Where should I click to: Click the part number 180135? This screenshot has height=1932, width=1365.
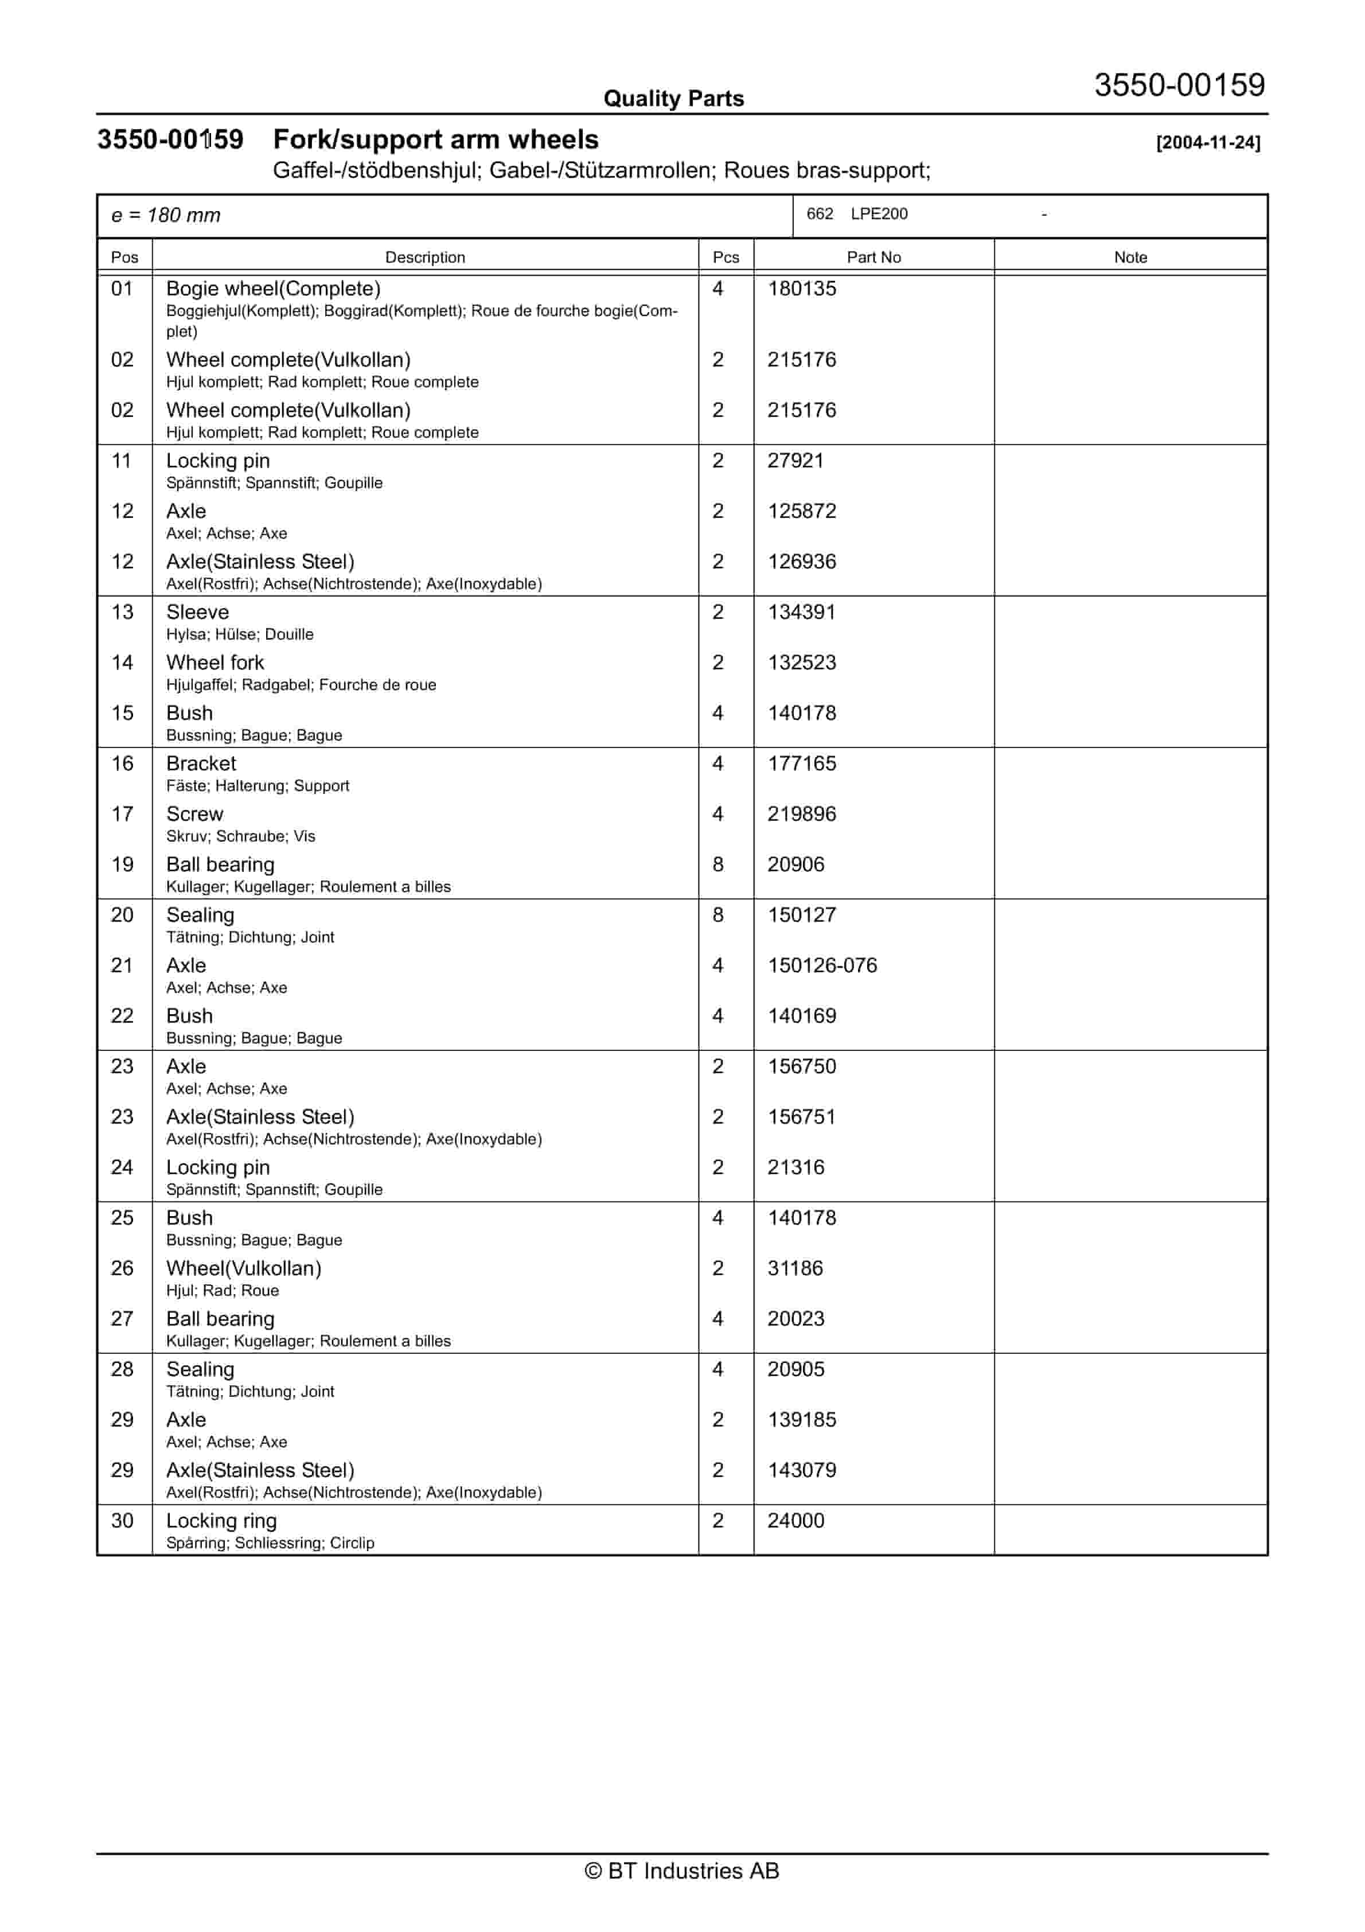(x=801, y=289)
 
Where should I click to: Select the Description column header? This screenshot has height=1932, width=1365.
(x=425, y=258)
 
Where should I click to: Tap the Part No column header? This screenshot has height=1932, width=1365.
(x=873, y=258)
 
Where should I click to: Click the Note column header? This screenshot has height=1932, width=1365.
(x=1130, y=258)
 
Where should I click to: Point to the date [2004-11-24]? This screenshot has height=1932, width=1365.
(x=1208, y=143)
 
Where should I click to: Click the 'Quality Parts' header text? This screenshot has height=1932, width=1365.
(x=673, y=99)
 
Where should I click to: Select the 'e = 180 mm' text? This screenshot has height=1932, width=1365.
(x=166, y=216)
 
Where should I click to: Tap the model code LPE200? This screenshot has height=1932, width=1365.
(x=879, y=214)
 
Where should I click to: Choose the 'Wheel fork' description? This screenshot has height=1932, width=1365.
(x=214, y=662)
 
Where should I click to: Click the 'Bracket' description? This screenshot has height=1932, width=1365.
(x=201, y=763)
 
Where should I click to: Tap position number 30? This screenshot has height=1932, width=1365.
(x=122, y=1521)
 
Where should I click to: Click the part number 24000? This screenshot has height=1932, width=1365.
(x=795, y=1521)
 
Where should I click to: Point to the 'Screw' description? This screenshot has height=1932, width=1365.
(x=194, y=813)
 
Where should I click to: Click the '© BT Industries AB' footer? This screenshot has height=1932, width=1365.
(x=682, y=1871)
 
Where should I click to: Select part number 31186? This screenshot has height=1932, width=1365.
(x=794, y=1268)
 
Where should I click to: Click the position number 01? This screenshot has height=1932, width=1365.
(x=122, y=289)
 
